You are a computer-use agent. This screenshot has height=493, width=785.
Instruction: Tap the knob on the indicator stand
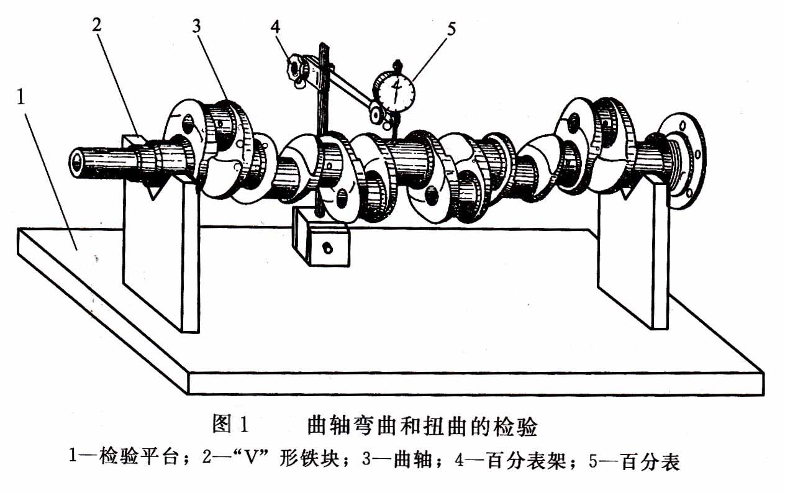(x=295, y=65)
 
